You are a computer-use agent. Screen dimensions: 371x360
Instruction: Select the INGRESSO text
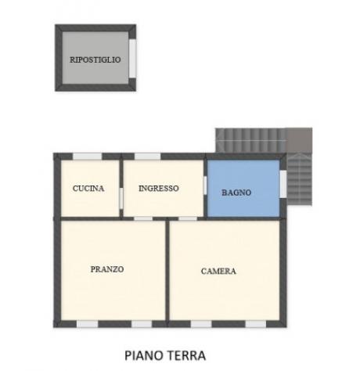point(159,189)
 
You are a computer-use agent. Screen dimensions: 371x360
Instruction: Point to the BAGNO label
point(236,193)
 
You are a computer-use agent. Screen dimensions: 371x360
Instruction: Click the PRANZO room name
point(107,268)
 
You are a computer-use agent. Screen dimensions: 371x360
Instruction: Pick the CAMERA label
point(218,271)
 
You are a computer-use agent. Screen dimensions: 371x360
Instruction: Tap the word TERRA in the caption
point(185,355)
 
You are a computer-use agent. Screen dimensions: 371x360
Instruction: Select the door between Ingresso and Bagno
point(205,188)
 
